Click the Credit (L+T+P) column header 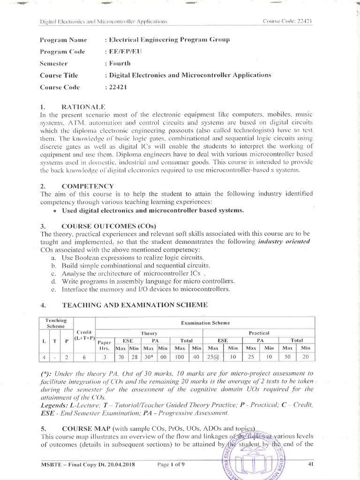point(85,335)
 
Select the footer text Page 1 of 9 point(171,465)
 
